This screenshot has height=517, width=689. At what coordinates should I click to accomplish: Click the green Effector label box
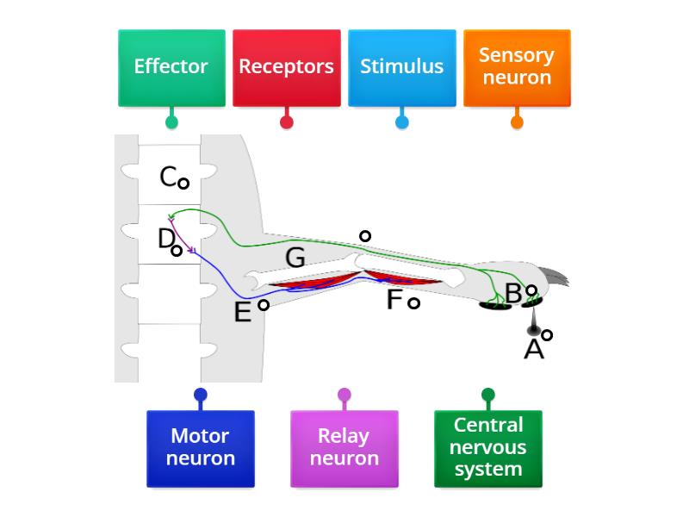171,68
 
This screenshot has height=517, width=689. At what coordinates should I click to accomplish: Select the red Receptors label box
286,68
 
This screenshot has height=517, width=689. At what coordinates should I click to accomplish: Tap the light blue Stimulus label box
401,68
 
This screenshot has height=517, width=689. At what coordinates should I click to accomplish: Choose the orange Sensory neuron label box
517,68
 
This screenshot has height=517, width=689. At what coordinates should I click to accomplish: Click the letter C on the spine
169,177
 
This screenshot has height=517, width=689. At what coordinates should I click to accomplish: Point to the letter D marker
166,239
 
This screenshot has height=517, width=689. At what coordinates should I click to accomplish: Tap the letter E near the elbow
243,312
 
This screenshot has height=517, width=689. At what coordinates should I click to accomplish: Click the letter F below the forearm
394,300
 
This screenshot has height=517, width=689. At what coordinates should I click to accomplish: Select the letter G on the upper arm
295,257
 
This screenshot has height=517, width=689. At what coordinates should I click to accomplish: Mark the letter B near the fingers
513,294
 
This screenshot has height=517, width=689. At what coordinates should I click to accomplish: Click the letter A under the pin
534,349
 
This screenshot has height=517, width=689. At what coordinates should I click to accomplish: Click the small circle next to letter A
547,335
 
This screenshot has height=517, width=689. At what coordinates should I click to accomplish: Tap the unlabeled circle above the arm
365,235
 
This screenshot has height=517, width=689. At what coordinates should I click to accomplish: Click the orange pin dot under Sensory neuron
517,122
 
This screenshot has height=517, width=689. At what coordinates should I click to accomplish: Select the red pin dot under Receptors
286,122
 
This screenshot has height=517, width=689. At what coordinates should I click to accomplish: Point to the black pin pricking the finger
534,328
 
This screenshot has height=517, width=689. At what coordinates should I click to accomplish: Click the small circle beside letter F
413,302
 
